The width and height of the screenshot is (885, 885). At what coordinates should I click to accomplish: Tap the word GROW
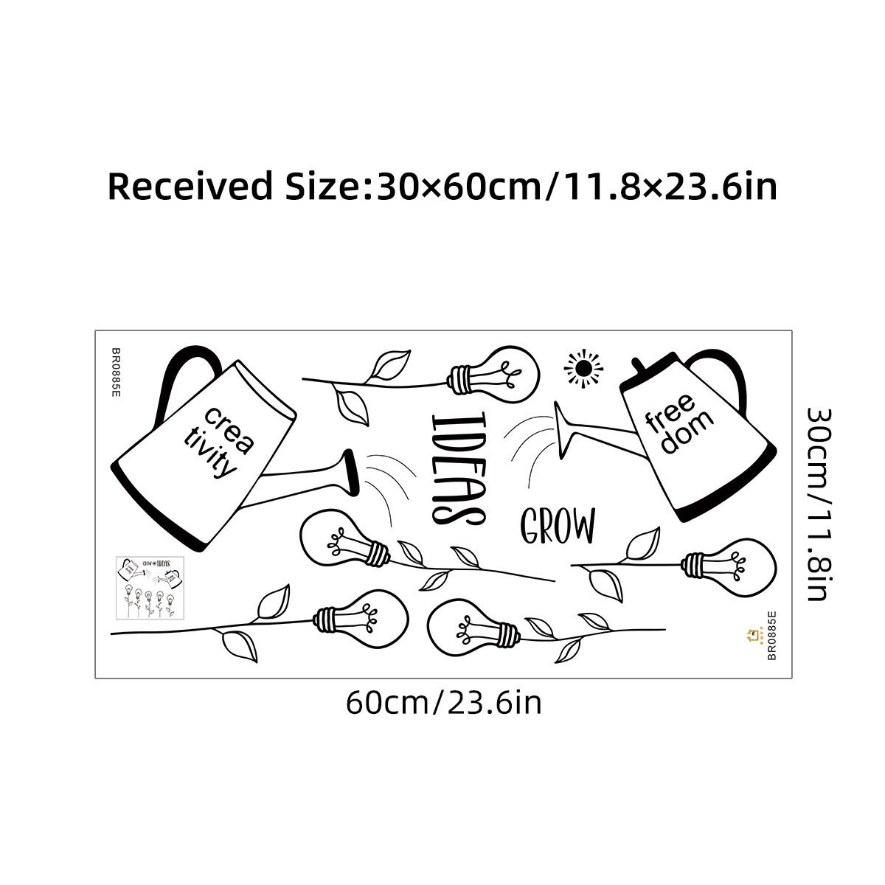click(x=558, y=526)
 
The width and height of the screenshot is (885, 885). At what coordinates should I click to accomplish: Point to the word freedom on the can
click(x=678, y=423)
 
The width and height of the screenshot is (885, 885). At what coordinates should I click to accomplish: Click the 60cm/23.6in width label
click(x=443, y=703)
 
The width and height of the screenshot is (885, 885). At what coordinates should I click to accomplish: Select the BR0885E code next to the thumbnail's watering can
click(x=116, y=372)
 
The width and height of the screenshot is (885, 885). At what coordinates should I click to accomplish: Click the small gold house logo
click(x=753, y=634)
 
